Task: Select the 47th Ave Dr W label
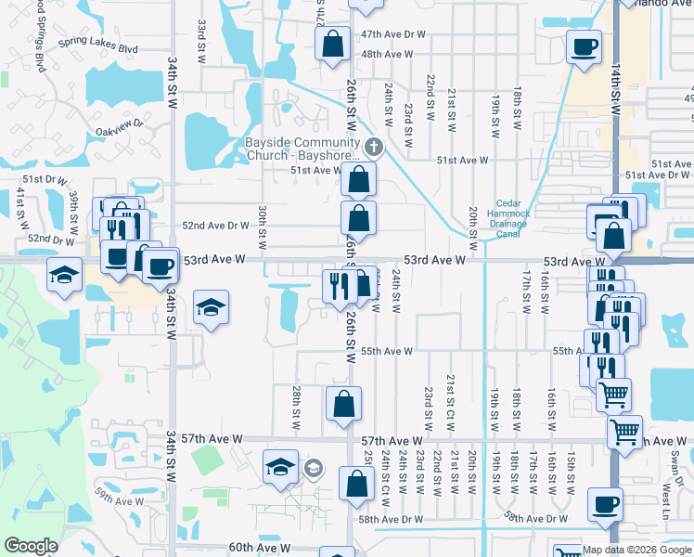pyautogui.click(x=393, y=34)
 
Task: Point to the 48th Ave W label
pyautogui.click(x=387, y=54)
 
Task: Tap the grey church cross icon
pyautogui.click(x=373, y=147)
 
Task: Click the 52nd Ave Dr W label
pyautogui.click(x=216, y=226)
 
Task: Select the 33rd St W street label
pyautogui.click(x=200, y=36)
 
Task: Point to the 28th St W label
pyautogui.click(x=296, y=407)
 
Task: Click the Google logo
pyautogui.click(x=31, y=546)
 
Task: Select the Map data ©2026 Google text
pyautogui.click(x=636, y=550)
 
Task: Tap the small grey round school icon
pyautogui.click(x=313, y=470)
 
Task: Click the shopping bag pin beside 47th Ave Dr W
pyautogui.click(x=332, y=44)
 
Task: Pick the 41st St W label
pyautogui.click(x=19, y=208)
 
